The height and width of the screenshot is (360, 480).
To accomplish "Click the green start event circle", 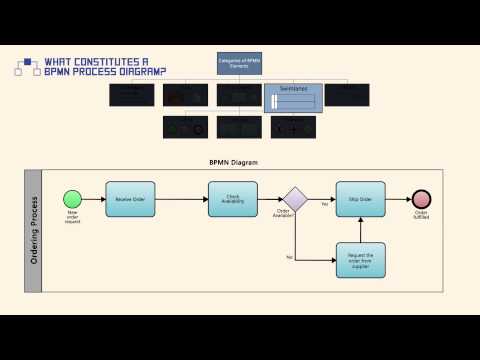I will pos(73,199).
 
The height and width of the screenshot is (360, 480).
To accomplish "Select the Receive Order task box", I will pos(131,199).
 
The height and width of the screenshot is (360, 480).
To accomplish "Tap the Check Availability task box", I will pos(232,199).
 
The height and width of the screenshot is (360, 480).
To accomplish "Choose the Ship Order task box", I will pos(360,199).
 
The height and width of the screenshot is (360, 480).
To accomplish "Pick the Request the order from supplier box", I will pos(360,259).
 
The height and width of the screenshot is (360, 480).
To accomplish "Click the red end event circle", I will pos(421,199).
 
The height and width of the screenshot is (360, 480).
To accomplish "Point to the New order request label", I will pos(73,216).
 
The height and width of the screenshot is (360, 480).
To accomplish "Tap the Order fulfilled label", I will pos(421,215).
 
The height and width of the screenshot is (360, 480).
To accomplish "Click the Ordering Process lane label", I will pos(33,230).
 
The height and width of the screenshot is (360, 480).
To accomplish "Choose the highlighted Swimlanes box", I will pos(293,97).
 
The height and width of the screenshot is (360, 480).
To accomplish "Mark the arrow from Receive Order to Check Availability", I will pos(182,199).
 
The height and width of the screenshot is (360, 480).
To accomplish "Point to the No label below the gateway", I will pos(289,258).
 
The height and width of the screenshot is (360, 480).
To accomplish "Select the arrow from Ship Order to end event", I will pos(397,199).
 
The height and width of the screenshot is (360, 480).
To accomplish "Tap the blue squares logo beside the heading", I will pos(27,65).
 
